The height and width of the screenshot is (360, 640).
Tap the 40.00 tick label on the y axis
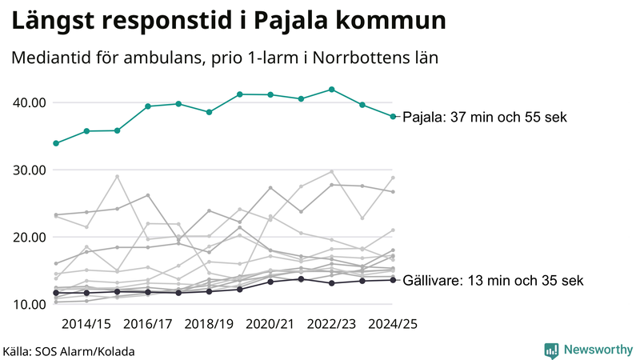point(28,102)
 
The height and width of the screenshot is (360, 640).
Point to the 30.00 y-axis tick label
point(28,170)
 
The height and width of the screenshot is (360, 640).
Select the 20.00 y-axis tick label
point(28,237)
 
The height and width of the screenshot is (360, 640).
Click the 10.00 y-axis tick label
point(28,304)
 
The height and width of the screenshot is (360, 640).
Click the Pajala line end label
point(484,117)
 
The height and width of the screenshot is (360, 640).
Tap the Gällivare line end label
point(493,281)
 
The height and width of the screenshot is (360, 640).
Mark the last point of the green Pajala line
point(393,117)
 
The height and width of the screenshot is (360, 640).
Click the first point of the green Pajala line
point(55,143)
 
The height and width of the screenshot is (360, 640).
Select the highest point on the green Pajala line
point(332,90)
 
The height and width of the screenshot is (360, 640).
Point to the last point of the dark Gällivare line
point(393,280)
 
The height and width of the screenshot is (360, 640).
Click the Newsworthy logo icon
point(551,350)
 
